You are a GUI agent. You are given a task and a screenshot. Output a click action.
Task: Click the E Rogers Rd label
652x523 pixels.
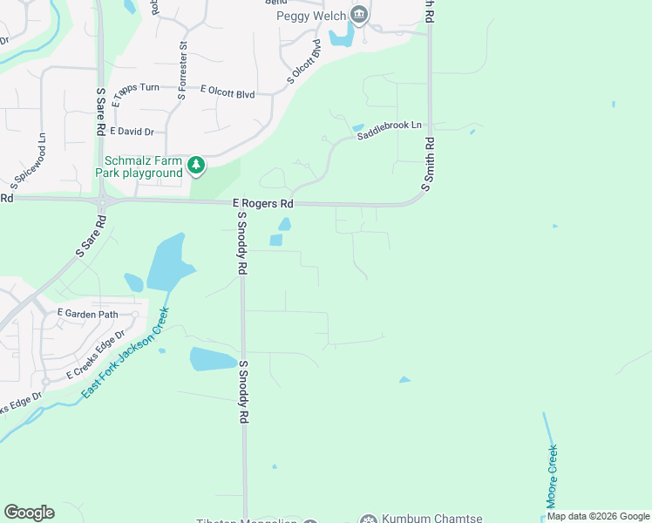264,204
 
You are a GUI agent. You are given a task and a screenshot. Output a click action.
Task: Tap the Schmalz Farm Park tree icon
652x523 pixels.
197,166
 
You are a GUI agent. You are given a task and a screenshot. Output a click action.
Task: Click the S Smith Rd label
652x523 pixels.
427,164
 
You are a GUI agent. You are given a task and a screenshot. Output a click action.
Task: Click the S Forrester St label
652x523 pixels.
183,69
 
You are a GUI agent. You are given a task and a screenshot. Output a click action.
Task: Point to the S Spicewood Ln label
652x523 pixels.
29,161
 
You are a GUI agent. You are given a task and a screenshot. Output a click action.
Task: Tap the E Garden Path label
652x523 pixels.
87,312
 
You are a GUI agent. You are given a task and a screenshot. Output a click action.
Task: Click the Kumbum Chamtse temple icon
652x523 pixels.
369,519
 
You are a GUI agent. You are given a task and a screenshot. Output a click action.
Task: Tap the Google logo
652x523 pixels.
29,513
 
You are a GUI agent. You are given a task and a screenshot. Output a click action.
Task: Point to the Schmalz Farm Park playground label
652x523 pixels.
144,166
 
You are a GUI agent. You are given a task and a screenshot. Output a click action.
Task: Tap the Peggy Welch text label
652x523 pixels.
311,16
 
